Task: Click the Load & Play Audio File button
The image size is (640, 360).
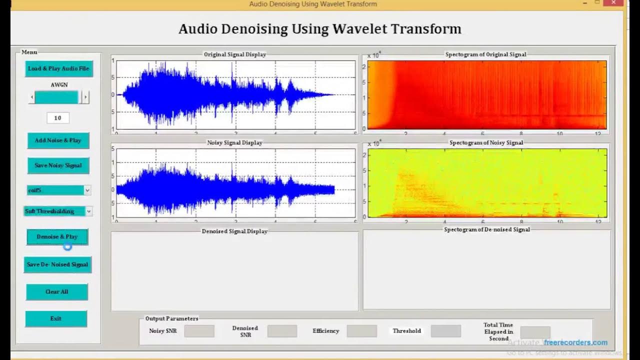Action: click(58, 68)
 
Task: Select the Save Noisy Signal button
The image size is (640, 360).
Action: click(58, 165)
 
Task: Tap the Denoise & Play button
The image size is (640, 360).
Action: click(57, 237)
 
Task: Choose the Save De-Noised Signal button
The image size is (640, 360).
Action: click(57, 264)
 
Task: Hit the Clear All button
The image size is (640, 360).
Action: click(56, 292)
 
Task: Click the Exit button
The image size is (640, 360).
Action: click(56, 319)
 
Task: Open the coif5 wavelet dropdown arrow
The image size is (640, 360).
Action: click(87, 190)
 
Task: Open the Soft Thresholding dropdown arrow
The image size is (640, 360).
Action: click(88, 211)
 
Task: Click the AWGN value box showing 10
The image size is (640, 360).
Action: click(57, 118)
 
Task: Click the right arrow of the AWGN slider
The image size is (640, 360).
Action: click(85, 97)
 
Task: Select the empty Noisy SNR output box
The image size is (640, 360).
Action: click(199, 331)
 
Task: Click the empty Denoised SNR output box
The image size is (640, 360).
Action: click(282, 331)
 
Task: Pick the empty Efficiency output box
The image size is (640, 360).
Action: click(361, 331)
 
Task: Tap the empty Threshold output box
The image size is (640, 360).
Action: click(445, 331)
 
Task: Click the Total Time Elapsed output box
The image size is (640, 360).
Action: click(535, 332)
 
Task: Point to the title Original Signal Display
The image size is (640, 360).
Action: click(234, 54)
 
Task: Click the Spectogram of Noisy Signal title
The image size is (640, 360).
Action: click(486, 143)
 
